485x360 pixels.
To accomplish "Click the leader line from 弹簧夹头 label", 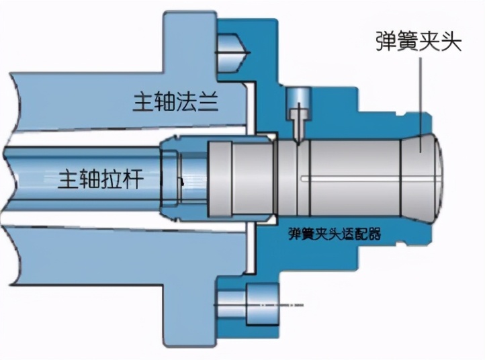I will [422, 94].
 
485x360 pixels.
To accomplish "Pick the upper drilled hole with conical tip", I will [232, 44].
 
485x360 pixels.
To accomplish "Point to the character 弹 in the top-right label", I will [386, 42].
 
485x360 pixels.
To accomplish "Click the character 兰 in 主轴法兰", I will [211, 103].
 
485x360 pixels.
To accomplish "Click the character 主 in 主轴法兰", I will [144, 103].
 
